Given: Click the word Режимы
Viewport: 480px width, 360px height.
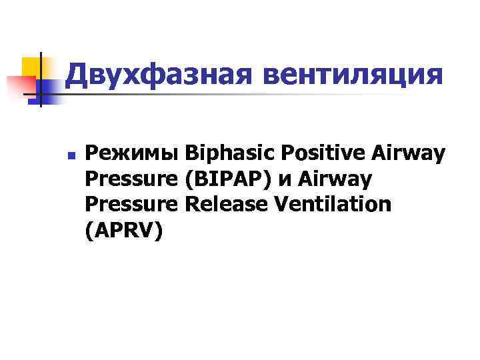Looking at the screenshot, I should click(133, 154).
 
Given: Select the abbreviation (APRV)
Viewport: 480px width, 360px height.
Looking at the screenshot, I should click(123, 229).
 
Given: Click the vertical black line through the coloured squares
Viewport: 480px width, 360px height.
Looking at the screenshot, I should click(41, 80).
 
